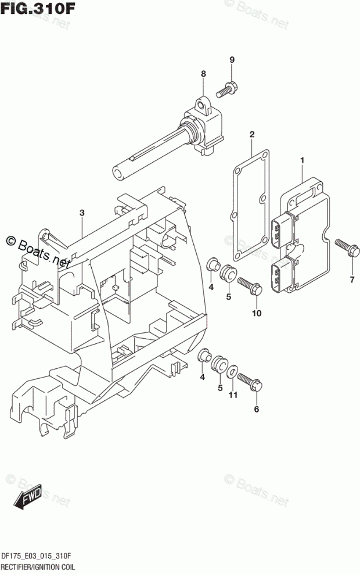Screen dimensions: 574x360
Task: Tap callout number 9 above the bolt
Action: coord(232,60)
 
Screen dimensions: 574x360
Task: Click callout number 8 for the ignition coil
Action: coord(203,74)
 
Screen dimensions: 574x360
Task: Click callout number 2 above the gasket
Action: coord(252,135)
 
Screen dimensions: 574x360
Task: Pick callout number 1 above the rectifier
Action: coord(302,159)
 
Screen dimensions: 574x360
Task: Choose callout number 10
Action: coord(257,314)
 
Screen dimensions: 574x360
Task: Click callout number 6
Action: coord(257,408)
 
